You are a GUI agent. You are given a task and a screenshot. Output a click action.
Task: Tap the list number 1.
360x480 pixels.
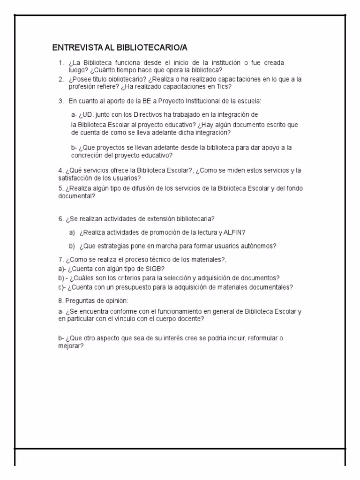(61, 63)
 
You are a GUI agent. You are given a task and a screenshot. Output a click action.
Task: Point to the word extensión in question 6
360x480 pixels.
(160, 218)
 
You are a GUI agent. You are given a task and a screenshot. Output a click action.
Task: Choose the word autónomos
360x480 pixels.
(258, 246)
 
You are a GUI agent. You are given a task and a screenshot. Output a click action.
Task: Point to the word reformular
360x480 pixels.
(262, 338)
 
